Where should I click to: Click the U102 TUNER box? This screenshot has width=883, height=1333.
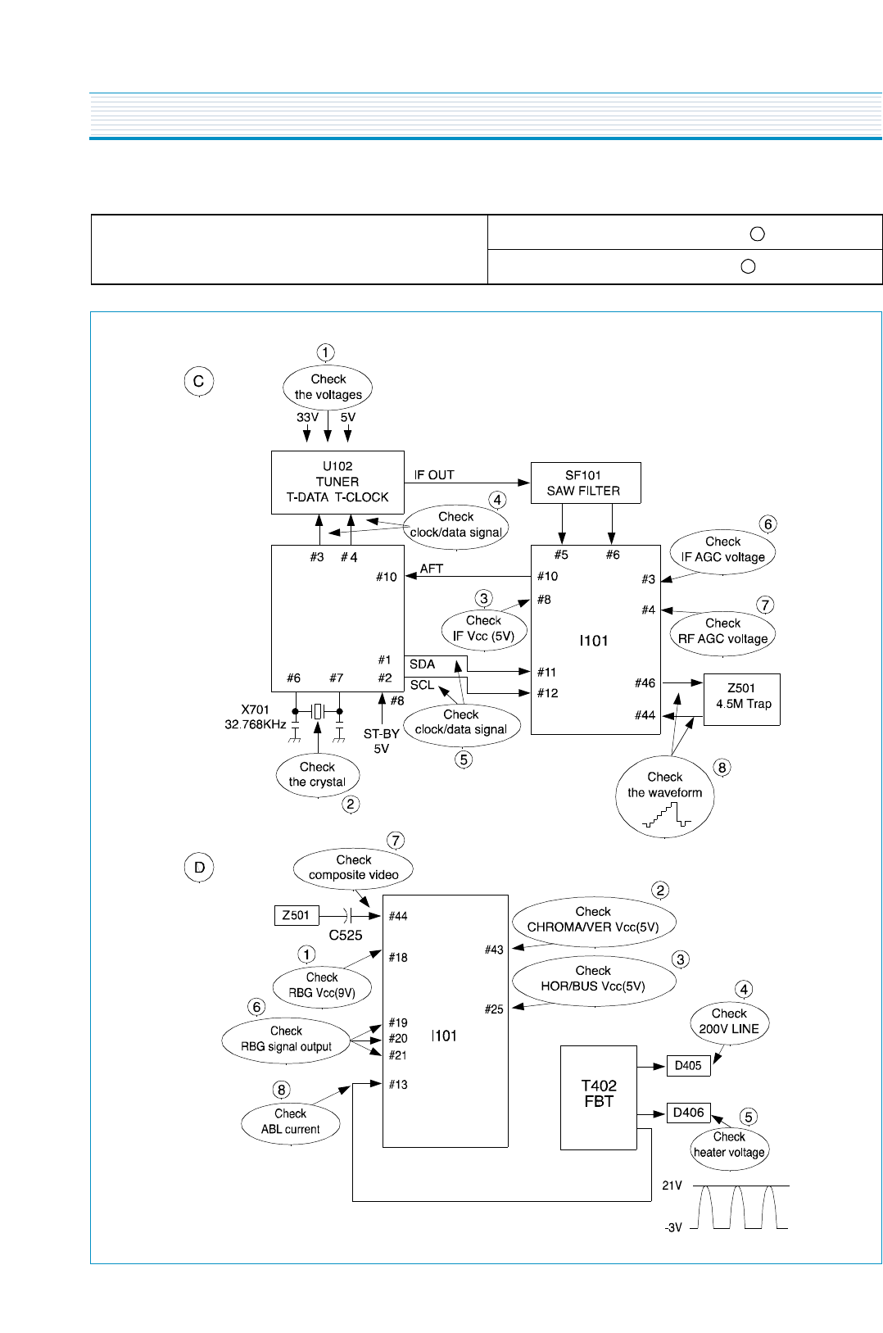(x=337, y=482)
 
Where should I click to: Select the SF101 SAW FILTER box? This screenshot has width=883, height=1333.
(x=585, y=483)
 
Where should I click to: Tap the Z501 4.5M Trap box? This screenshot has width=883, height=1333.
(x=742, y=698)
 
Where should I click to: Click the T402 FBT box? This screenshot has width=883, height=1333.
(x=599, y=1096)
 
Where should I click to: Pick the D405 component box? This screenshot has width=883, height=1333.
(x=688, y=1066)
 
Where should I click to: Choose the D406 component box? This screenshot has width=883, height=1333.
(x=688, y=1113)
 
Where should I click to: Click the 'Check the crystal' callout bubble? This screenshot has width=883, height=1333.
(x=318, y=775)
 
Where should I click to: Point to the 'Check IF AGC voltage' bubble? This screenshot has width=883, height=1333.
(x=722, y=550)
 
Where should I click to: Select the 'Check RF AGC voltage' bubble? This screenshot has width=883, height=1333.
(x=722, y=632)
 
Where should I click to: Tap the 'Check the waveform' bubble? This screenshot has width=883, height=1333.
(x=664, y=796)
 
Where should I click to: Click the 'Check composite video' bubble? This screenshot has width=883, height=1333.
(x=353, y=868)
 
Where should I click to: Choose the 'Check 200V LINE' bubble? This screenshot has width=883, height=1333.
(x=729, y=1022)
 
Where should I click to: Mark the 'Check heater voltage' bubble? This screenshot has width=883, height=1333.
(x=729, y=1146)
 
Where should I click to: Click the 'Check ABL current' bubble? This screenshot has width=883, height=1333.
(x=291, y=1122)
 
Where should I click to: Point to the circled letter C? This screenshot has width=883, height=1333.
(x=198, y=381)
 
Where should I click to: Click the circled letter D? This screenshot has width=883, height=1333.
(x=199, y=867)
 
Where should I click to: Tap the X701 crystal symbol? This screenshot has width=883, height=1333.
(x=318, y=710)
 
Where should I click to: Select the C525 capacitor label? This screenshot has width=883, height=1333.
(x=346, y=935)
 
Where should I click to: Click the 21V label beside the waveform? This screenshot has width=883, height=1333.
(x=672, y=1186)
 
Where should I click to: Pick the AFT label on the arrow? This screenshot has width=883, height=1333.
(x=432, y=569)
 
